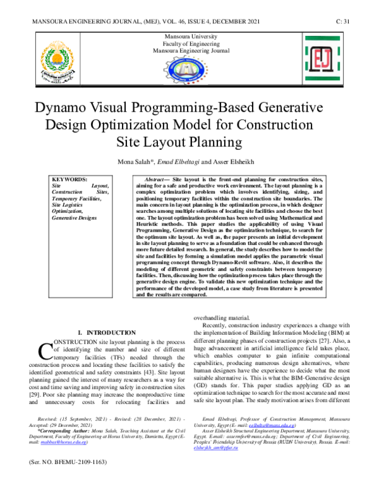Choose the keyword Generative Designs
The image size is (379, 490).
click(74, 218)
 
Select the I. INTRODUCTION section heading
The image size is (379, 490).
click(105, 332)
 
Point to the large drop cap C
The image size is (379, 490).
click(45, 350)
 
